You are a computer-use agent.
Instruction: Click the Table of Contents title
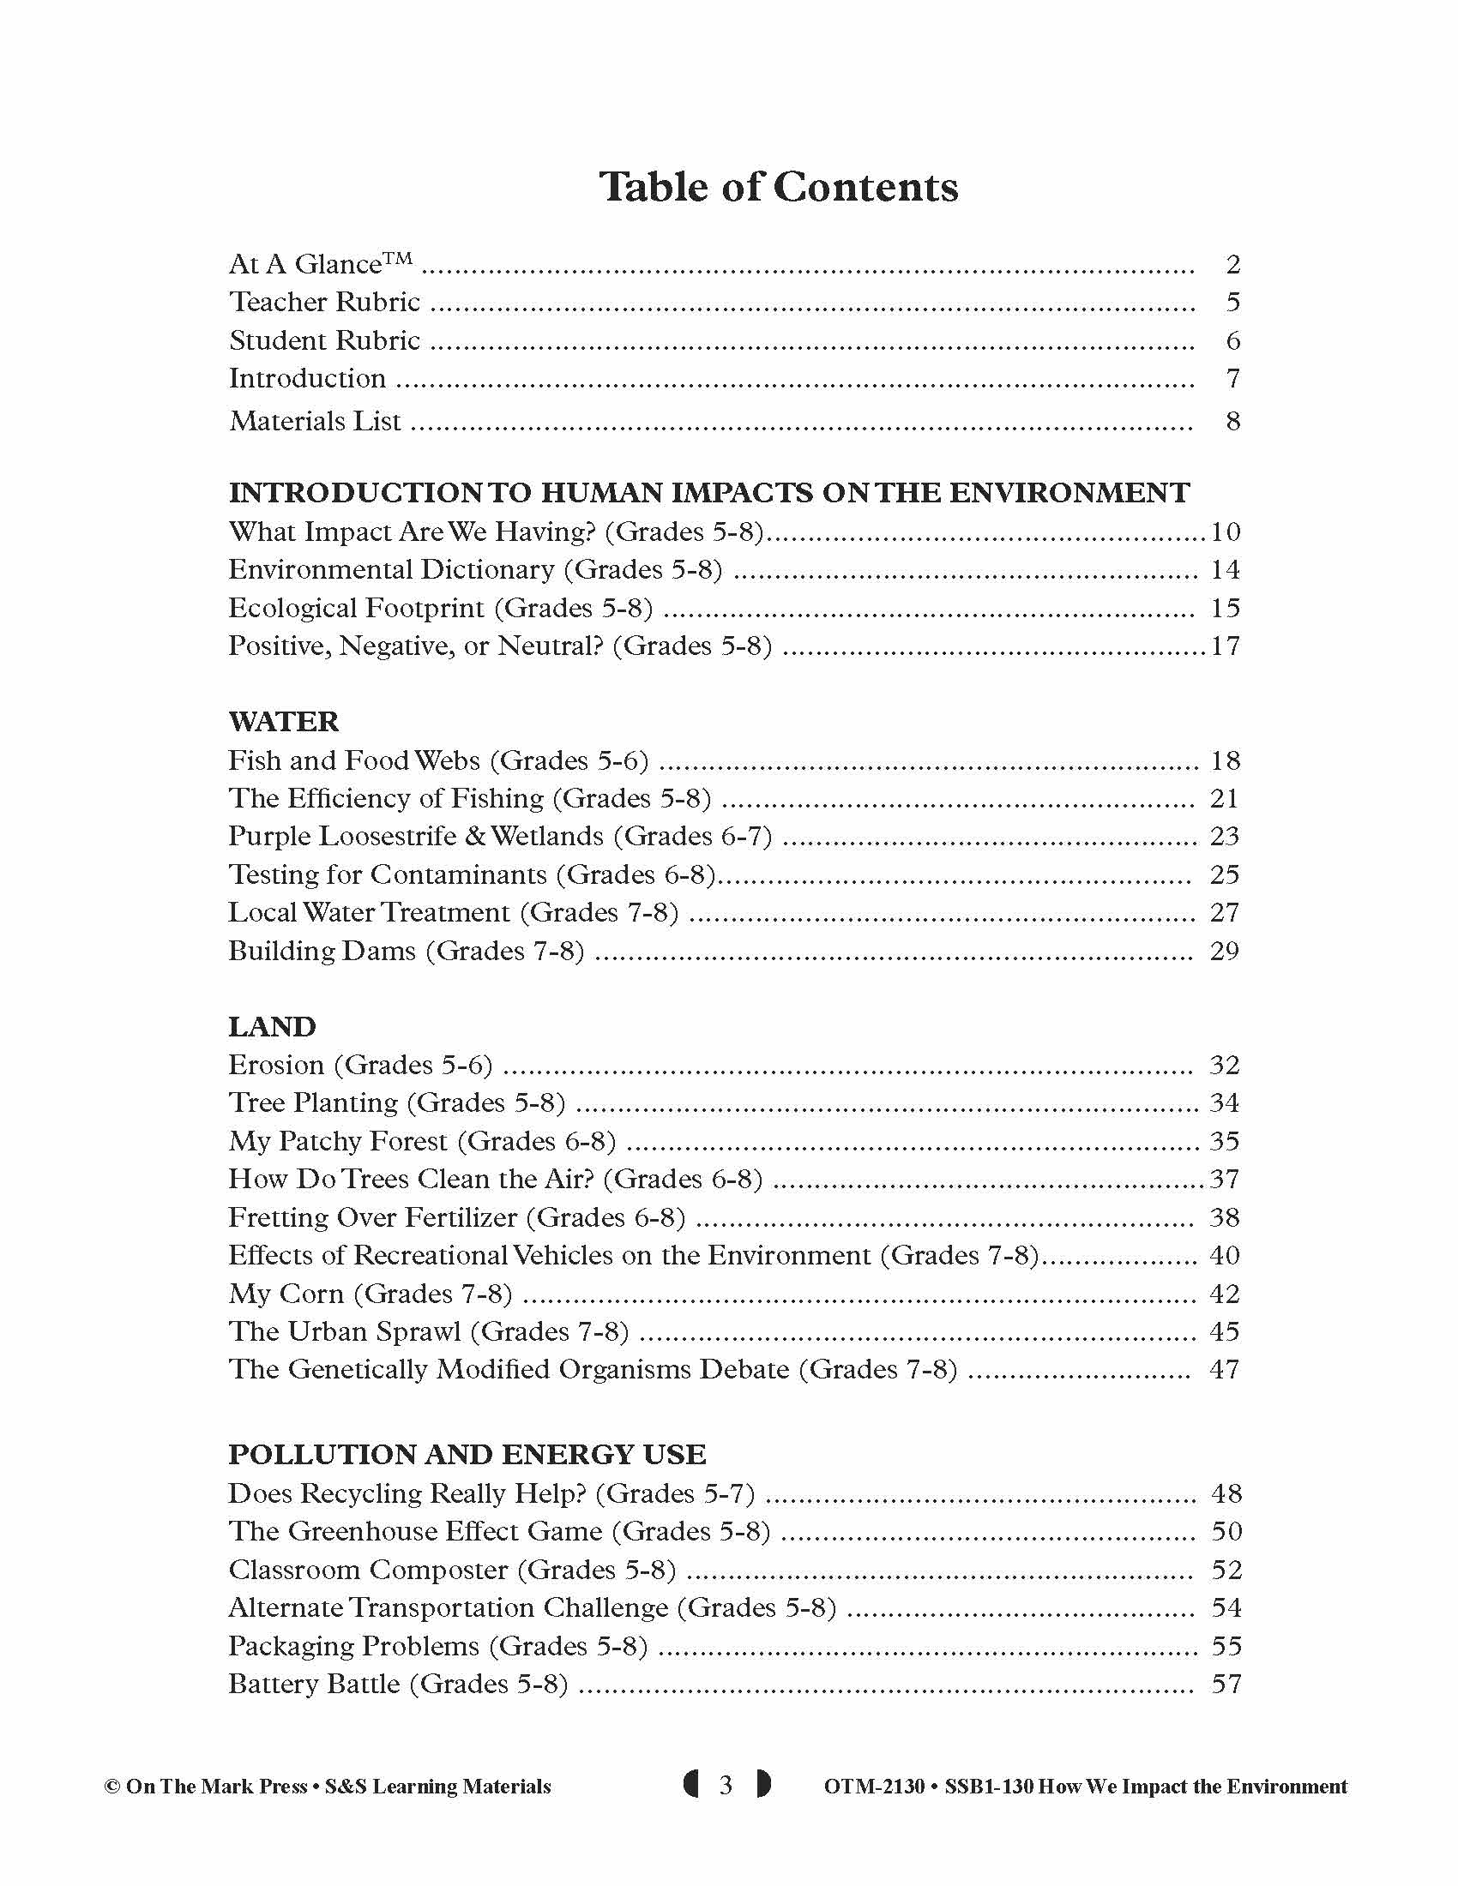pos(778,187)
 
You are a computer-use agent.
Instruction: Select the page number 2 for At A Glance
pos(1232,264)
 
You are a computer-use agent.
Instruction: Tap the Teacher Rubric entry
pos(325,303)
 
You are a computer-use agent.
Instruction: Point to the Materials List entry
pos(316,422)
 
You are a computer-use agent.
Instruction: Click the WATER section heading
pos(283,722)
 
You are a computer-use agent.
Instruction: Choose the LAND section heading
pos(272,1027)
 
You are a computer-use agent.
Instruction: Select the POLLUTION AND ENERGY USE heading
pos(467,1455)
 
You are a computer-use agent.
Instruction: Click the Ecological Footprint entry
pos(441,609)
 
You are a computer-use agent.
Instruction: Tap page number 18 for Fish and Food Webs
pos(1226,760)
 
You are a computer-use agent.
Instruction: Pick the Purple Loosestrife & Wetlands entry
pos(500,837)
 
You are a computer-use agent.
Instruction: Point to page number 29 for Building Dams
pos(1225,952)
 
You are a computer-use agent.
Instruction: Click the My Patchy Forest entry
pos(422,1142)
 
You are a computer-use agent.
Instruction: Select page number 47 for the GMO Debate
pos(1225,1371)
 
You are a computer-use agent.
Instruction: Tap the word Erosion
pos(276,1066)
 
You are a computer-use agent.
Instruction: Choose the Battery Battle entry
pos(398,1685)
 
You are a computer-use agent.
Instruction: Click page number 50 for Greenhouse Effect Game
pos(1226,1532)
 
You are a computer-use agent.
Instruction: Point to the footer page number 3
pos(726,1785)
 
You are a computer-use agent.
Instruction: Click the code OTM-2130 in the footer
pos(874,1787)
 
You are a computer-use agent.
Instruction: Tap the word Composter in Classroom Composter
pos(440,1570)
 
